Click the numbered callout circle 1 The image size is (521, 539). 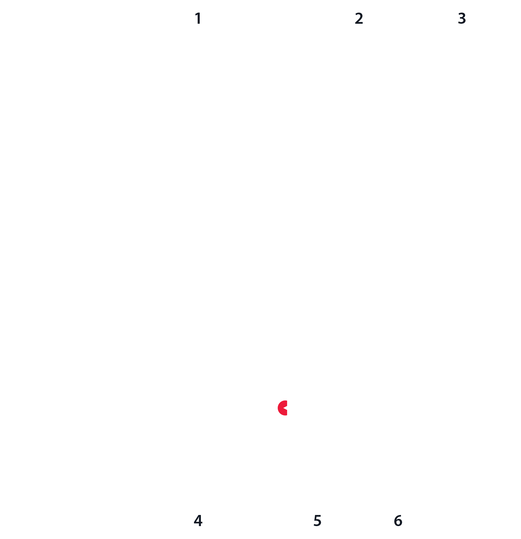point(198,18)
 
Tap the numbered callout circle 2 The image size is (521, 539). point(359,18)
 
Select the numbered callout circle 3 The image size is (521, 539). point(462,18)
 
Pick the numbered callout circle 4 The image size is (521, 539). point(198,521)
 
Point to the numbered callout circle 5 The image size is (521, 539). point(317,521)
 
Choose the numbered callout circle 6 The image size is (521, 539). point(398,521)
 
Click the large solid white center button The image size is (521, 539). point(262,236)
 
